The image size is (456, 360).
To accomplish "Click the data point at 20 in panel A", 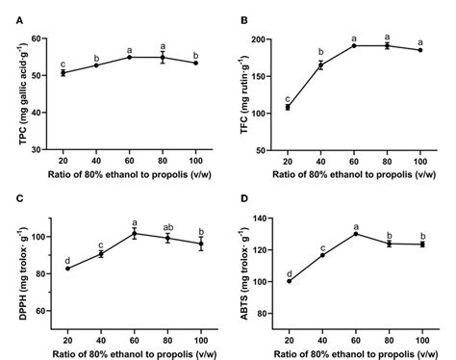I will click(63, 73).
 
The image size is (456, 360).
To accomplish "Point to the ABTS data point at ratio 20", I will click(289, 281).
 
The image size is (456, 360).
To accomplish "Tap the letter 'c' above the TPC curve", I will click(63, 62).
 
